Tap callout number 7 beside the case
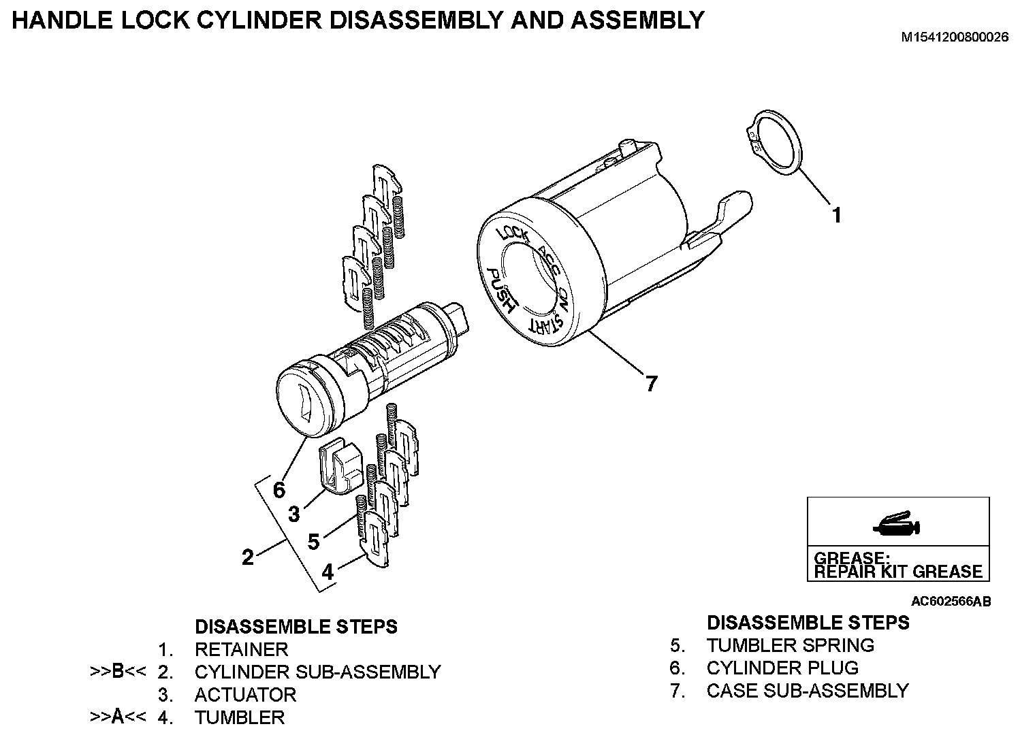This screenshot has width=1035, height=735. [x=652, y=384]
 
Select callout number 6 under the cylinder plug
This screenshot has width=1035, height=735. [x=279, y=489]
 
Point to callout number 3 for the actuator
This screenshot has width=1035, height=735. [x=293, y=514]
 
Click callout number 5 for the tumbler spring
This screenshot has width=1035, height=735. [x=313, y=542]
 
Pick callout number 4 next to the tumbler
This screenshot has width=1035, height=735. [x=328, y=572]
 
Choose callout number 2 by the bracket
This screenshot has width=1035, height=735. [x=248, y=557]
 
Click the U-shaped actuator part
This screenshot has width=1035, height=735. [x=340, y=465]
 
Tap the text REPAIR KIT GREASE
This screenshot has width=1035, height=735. [x=898, y=572]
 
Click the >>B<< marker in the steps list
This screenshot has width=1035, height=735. [x=118, y=672]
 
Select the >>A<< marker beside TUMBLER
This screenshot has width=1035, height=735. [x=118, y=717]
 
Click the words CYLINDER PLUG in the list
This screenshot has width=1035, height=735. [x=782, y=668]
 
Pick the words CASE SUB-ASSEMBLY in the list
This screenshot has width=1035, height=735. [x=808, y=690]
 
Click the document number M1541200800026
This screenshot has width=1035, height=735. [x=955, y=37]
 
